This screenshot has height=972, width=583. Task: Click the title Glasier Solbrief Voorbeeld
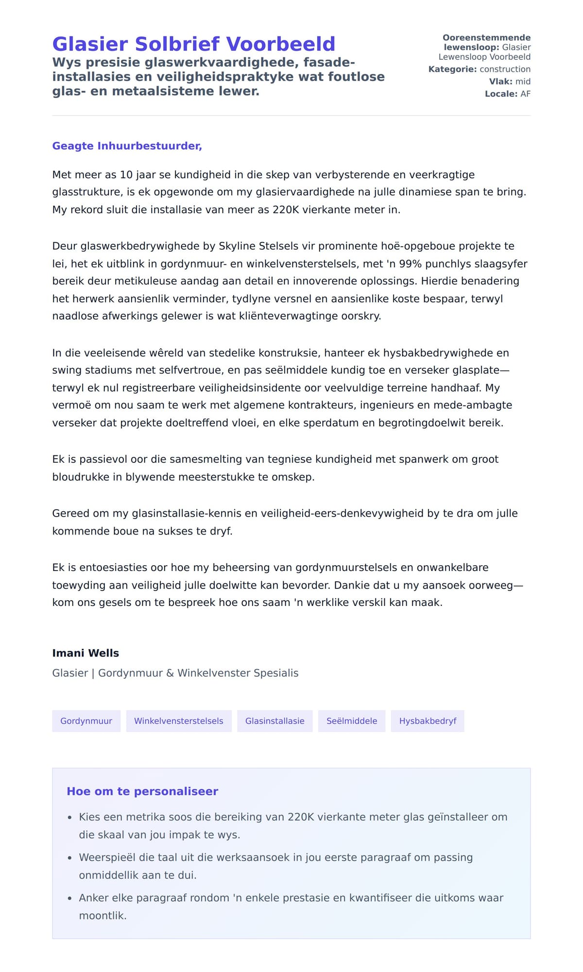pos(193,44)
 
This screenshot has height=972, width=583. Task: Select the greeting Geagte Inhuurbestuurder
pos(127,146)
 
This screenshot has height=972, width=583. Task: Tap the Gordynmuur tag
pos(86,721)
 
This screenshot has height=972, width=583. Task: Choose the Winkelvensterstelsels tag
pos(179,721)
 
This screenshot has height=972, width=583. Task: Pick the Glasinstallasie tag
pos(274,721)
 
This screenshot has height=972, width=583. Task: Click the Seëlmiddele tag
pos(352,721)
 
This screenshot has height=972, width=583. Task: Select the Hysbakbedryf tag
pos(428,721)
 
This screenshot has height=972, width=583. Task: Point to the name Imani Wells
pos(86,653)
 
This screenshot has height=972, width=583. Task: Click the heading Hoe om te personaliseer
pos(142,791)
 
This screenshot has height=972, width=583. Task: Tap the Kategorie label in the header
pos(452,69)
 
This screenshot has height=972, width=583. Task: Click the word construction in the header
pos(505,69)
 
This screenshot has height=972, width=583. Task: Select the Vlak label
pos(500,82)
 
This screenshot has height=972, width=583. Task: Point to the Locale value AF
pos(525,94)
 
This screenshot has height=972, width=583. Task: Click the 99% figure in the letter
pos(410,264)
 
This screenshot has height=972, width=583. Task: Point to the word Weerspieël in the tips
pos(107,857)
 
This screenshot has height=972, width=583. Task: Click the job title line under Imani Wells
pos(175,673)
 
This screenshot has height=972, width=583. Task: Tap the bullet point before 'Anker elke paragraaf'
pos(70,899)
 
